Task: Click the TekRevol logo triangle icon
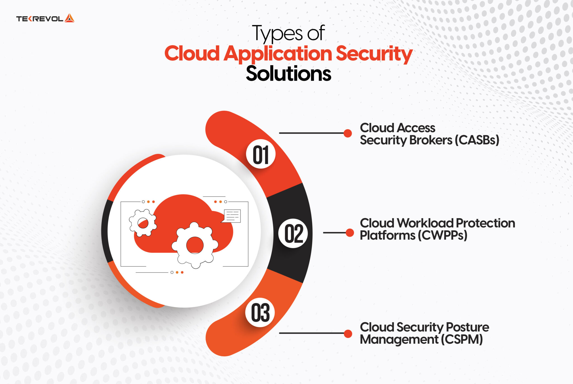click(69, 18)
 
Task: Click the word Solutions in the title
click(288, 74)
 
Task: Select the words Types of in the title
click(288, 34)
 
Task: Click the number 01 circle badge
click(261, 154)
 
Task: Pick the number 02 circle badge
click(293, 233)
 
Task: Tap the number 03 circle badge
click(260, 313)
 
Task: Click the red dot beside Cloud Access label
click(348, 133)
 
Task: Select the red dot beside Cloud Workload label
click(350, 233)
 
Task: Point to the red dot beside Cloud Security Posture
click(348, 333)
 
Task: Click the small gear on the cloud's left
click(143, 223)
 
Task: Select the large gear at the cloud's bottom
click(195, 245)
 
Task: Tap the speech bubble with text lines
click(232, 216)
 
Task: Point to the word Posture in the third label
click(467, 327)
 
